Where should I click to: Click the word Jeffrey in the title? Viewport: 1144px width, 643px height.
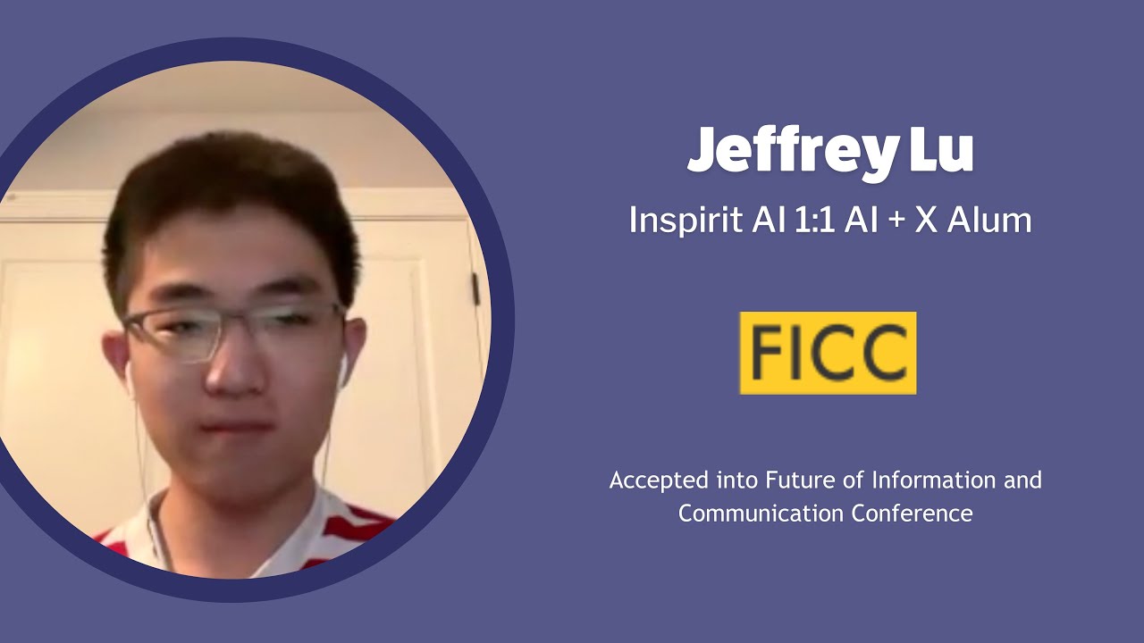click(792, 152)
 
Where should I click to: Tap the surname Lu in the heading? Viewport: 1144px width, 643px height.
click(941, 152)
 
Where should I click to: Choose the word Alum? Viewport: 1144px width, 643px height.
click(989, 220)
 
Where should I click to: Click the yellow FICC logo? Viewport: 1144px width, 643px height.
click(828, 353)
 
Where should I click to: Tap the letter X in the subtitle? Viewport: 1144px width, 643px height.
click(925, 220)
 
